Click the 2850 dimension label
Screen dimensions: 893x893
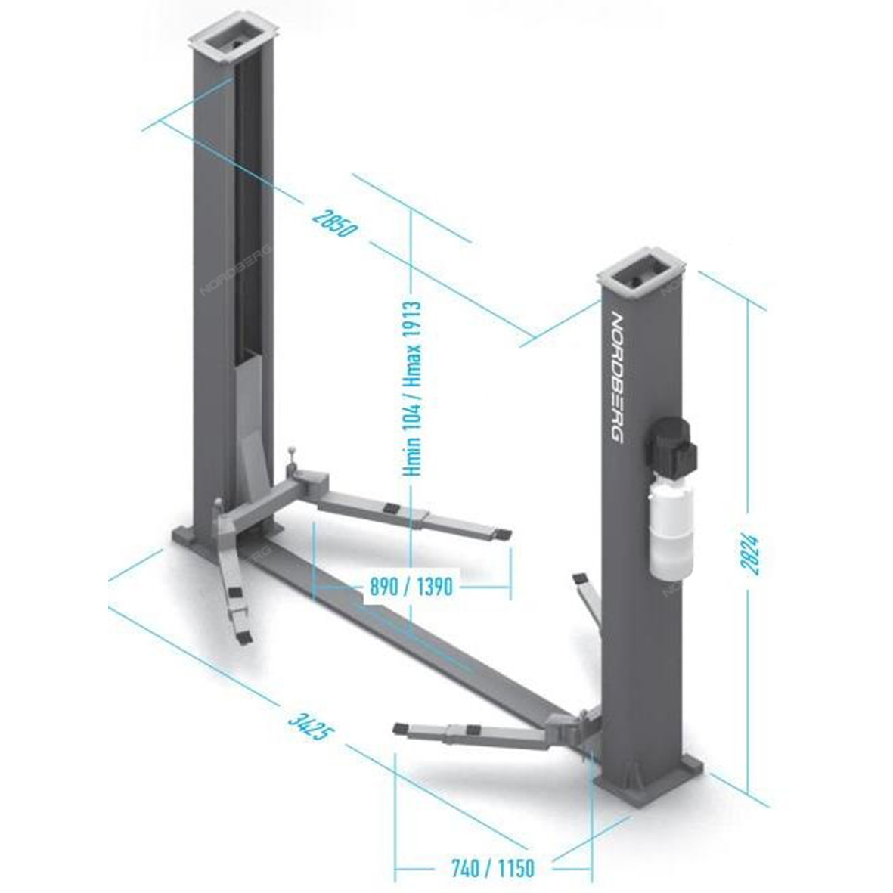pos(335,223)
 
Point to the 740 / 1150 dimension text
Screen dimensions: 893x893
pos(493,869)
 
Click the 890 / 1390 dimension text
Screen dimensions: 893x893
pos(411,586)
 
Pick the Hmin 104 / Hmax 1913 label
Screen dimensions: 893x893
pos(411,389)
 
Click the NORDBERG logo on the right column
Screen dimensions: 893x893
pos(616,378)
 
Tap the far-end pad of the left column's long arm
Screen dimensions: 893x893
pos(503,534)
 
